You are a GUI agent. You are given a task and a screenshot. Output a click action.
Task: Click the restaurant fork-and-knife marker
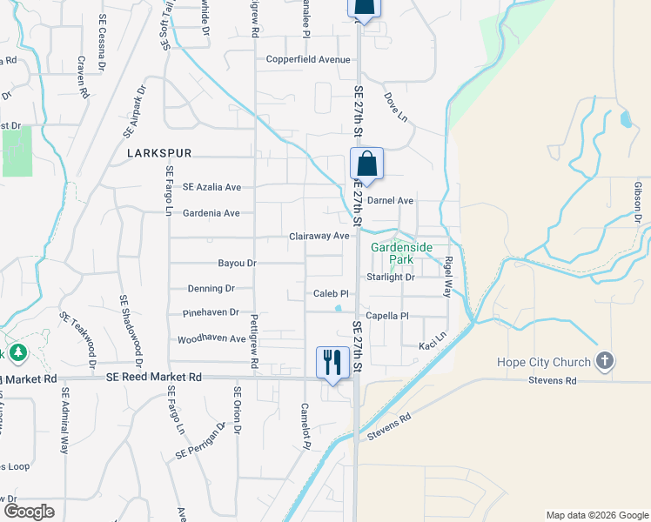tap(332, 362)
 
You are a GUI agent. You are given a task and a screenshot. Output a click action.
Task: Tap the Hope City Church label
tap(545, 361)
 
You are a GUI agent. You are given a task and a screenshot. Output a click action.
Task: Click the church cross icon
tap(605, 361)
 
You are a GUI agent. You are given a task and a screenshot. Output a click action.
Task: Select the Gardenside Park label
tap(401, 253)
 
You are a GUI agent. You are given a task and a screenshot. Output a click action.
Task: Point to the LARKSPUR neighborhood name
tap(158, 152)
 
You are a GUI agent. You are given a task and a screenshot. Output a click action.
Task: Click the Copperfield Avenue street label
tap(308, 59)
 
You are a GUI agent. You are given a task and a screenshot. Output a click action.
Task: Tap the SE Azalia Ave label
tap(211, 187)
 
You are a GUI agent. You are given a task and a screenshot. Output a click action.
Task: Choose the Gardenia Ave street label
tap(211, 213)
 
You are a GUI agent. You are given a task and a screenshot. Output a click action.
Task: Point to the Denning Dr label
tap(211, 288)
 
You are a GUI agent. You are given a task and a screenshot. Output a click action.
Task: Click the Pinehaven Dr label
tap(211, 312)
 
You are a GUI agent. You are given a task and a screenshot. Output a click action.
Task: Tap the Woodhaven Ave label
tap(211, 338)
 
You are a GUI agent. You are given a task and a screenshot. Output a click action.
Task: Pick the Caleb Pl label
tap(331, 294)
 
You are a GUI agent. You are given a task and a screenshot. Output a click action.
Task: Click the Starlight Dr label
tap(391, 278)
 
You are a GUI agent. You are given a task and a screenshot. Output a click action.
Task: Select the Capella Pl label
tap(387, 316)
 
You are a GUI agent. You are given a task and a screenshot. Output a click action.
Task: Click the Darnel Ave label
tap(390, 200)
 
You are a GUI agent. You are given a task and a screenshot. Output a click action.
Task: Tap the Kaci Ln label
tap(432, 335)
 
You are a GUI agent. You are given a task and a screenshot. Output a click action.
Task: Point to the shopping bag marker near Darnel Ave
tap(366, 164)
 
